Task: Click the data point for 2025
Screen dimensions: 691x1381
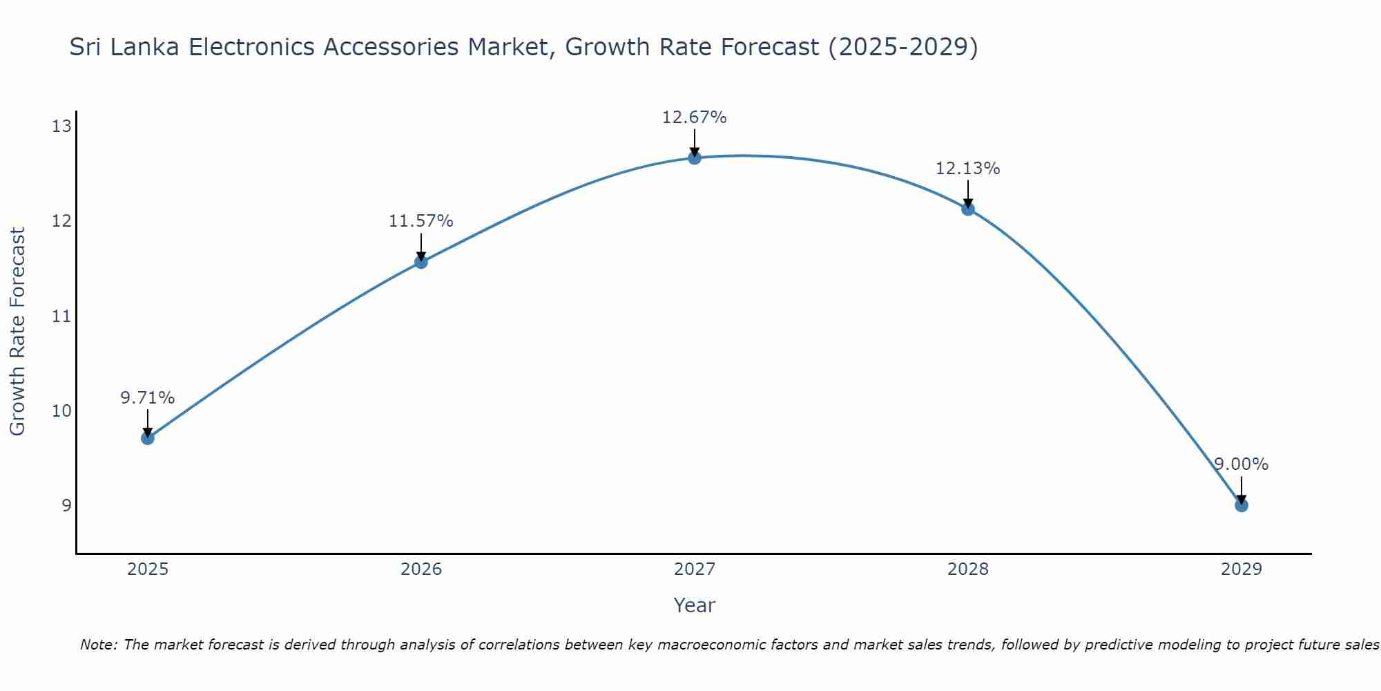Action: (147, 437)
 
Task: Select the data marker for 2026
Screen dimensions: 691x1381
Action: (421, 262)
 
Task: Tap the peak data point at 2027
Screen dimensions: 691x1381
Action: (694, 158)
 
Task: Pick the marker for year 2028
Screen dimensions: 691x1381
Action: (967, 209)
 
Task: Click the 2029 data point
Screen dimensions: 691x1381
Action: (1241, 505)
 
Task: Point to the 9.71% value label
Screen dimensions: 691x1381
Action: (147, 398)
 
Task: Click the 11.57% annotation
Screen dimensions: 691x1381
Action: (421, 221)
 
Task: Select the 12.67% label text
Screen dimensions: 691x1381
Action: (694, 117)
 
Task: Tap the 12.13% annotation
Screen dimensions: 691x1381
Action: (967, 169)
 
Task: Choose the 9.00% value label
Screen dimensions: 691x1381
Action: (1241, 464)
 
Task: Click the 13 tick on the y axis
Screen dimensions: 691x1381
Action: (61, 126)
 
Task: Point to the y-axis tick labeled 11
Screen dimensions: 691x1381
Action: (61, 316)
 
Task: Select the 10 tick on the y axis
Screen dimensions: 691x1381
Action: (61, 411)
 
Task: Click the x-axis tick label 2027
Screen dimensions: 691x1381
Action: (694, 569)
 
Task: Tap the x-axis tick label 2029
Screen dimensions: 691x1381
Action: (1241, 569)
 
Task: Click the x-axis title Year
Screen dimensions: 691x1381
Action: (694, 605)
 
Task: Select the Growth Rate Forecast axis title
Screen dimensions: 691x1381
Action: (17, 331)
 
